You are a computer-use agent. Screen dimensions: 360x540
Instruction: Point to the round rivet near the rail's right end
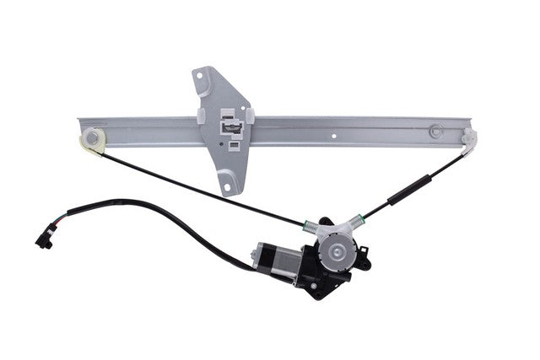[435, 132]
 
